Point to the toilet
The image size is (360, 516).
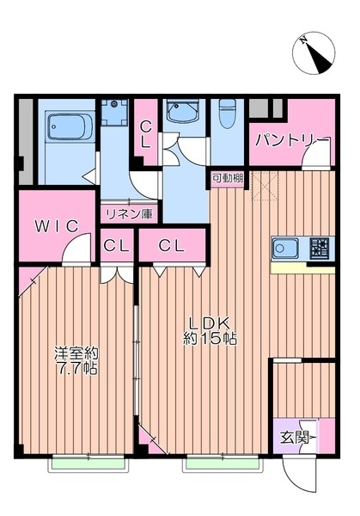(x=228, y=116)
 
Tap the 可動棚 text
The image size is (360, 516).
(x=227, y=178)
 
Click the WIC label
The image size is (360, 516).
(x=56, y=226)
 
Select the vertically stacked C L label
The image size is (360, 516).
(x=145, y=134)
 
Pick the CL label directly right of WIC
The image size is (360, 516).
(x=116, y=246)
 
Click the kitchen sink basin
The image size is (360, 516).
(x=284, y=250)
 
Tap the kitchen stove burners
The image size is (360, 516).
(x=319, y=249)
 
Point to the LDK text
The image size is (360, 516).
(x=210, y=324)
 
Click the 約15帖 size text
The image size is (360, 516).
(x=210, y=339)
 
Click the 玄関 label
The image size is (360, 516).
(x=293, y=436)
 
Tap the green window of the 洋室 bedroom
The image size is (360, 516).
(x=88, y=464)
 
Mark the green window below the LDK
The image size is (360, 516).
(x=222, y=464)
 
